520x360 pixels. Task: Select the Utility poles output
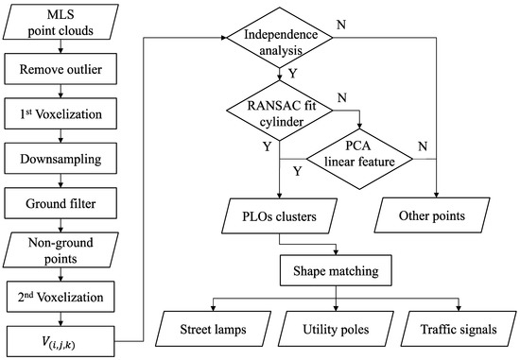[337, 332]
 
